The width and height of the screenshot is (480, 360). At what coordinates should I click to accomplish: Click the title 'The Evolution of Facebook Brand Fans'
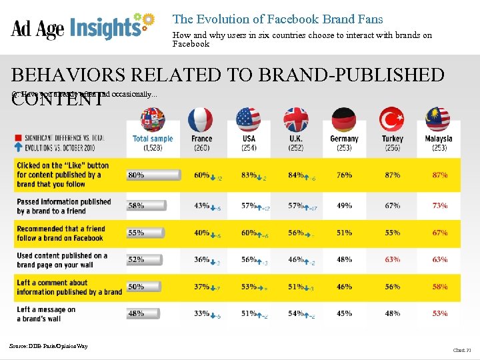tap(277, 20)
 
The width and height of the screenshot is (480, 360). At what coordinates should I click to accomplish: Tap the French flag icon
tap(201, 121)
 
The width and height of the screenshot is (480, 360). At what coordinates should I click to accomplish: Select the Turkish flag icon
tap(391, 121)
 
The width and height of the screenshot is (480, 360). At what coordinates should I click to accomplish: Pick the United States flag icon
tap(249, 121)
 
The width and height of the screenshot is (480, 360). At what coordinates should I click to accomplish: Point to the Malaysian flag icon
tap(439, 121)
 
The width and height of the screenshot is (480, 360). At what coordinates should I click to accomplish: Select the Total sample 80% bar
tap(153, 175)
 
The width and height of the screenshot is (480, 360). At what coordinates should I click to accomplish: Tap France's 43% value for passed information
tap(202, 206)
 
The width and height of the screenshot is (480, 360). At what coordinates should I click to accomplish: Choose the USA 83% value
tap(249, 175)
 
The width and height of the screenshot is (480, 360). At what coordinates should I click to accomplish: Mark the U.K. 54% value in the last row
tap(295, 313)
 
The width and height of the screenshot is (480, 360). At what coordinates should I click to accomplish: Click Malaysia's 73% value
tap(439, 206)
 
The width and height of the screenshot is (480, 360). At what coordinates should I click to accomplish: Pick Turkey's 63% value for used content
tap(392, 260)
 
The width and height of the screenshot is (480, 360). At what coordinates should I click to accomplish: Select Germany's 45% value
tap(344, 313)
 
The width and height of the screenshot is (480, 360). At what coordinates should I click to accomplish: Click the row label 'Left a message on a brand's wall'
tap(47, 313)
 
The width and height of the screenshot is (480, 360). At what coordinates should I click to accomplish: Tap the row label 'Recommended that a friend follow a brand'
tap(61, 233)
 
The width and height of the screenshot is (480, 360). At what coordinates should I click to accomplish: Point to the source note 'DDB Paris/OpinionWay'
tap(48, 345)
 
